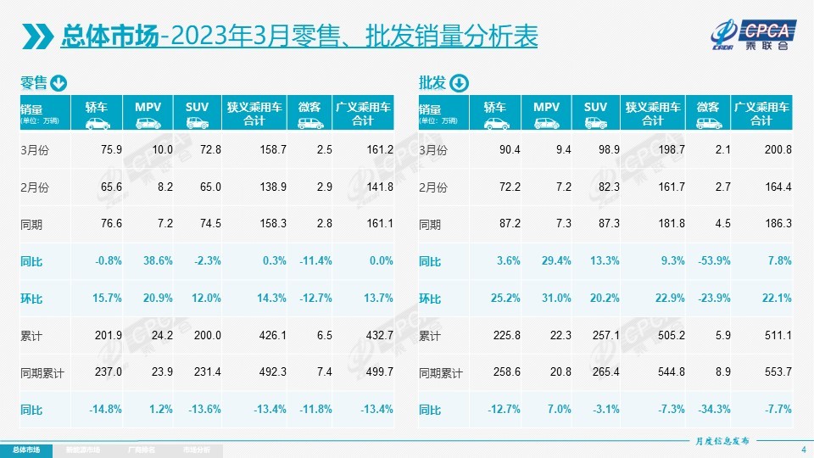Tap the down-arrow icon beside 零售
(59, 83)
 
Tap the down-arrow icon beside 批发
(458, 83)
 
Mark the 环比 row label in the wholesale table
(430, 299)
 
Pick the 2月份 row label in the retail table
(33, 187)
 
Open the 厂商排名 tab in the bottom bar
(139, 450)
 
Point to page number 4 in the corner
(803, 449)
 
